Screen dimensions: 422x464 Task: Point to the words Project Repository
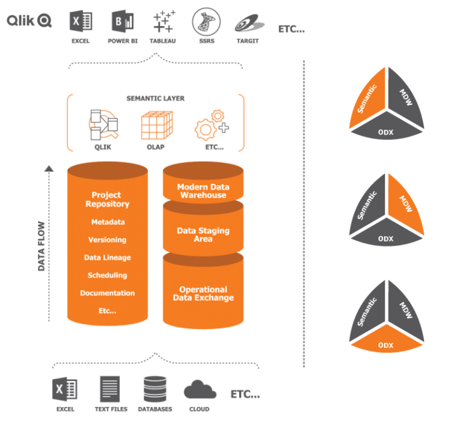pyautogui.click(x=106, y=199)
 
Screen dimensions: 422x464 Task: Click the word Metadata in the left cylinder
pyautogui.click(x=108, y=222)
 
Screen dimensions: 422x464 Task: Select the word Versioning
pyautogui.click(x=108, y=240)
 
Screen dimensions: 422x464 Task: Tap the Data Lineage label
pyautogui.click(x=108, y=258)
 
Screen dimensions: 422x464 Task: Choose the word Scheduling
pyautogui.click(x=108, y=275)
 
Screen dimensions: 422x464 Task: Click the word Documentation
pyautogui.click(x=108, y=293)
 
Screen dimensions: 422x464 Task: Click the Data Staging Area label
pyautogui.click(x=203, y=234)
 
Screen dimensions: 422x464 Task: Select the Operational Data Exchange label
pyautogui.click(x=203, y=293)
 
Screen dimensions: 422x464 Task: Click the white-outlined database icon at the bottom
pyautogui.click(x=155, y=389)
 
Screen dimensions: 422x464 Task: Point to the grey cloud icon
pyautogui.click(x=200, y=389)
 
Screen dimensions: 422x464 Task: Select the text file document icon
pyautogui.click(x=109, y=389)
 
